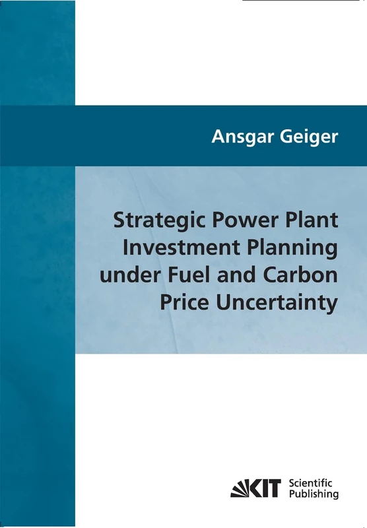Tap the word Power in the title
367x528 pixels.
tap(244, 220)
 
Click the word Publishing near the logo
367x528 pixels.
tap(314, 494)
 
